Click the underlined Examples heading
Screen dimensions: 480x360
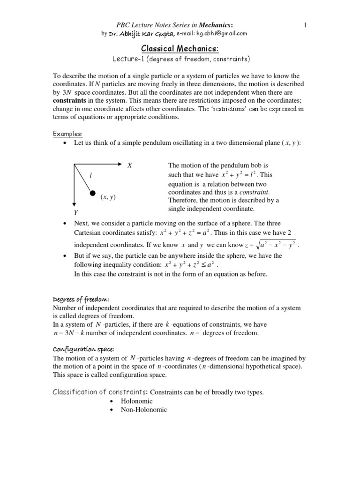pyautogui.click(x=67, y=134)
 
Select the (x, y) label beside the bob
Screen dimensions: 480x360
pyautogui.click(x=108, y=197)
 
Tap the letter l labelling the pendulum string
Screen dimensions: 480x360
pyautogui.click(x=90, y=176)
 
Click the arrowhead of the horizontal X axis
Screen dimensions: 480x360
pyautogui.click(x=119, y=164)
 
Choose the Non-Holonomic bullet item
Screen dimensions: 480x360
pyautogui.click(x=144, y=410)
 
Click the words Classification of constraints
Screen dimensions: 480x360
pyautogui.click(x=100, y=392)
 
